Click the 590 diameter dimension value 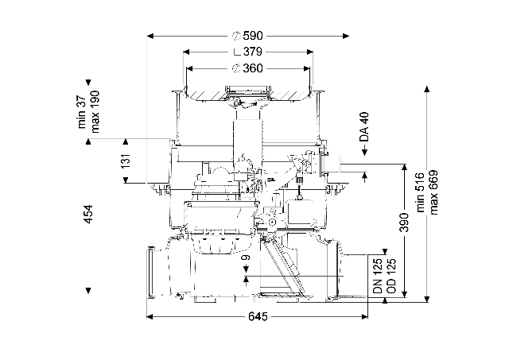(x=253, y=36)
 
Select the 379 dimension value (x=253, y=52)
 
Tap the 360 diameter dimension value (x=253, y=68)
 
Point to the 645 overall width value (x=258, y=316)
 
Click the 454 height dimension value (x=88, y=214)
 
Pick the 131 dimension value (x=126, y=161)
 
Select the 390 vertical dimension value (x=404, y=223)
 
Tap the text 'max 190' (x=95, y=112)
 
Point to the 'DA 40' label (x=364, y=127)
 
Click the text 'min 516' (x=421, y=192)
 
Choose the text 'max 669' (x=433, y=192)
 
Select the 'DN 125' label (x=379, y=277)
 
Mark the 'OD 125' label (x=391, y=277)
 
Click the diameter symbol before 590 (x=236, y=36)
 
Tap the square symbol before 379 (x=237, y=52)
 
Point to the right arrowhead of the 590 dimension (x=346, y=36)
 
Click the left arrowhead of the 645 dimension (x=150, y=316)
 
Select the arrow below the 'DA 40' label (x=364, y=150)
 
